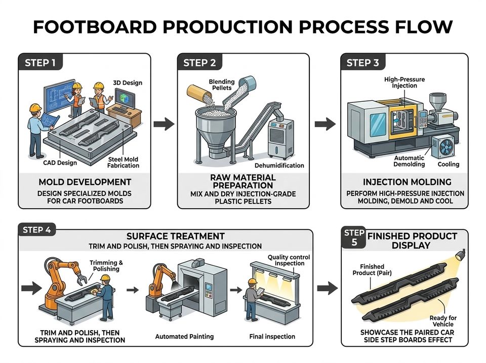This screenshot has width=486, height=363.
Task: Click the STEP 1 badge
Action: tap(40, 62)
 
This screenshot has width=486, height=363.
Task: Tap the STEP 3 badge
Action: tap(362, 62)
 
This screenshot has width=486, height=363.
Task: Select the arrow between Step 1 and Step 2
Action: tap(164, 124)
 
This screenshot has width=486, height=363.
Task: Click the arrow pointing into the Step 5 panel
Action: tap(328, 288)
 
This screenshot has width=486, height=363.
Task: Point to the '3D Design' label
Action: tap(128, 83)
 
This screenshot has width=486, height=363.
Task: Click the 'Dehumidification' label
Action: tap(279, 166)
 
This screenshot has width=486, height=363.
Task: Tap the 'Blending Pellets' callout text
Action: tap(222, 85)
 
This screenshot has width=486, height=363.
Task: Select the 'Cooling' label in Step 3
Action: tap(448, 165)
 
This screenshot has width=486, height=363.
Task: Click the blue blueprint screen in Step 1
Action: tap(59, 95)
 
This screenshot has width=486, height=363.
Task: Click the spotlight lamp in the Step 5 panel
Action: tap(460, 255)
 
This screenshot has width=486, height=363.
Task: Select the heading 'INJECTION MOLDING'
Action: tap(407, 182)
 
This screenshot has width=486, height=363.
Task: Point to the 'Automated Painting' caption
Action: tap(184, 336)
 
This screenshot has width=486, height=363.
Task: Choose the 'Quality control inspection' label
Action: tap(289, 260)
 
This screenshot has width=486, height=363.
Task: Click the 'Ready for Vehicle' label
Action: tap(443, 321)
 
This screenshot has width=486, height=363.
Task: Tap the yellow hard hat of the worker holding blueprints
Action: tap(35, 107)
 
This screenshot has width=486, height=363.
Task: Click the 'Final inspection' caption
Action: tap(272, 336)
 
